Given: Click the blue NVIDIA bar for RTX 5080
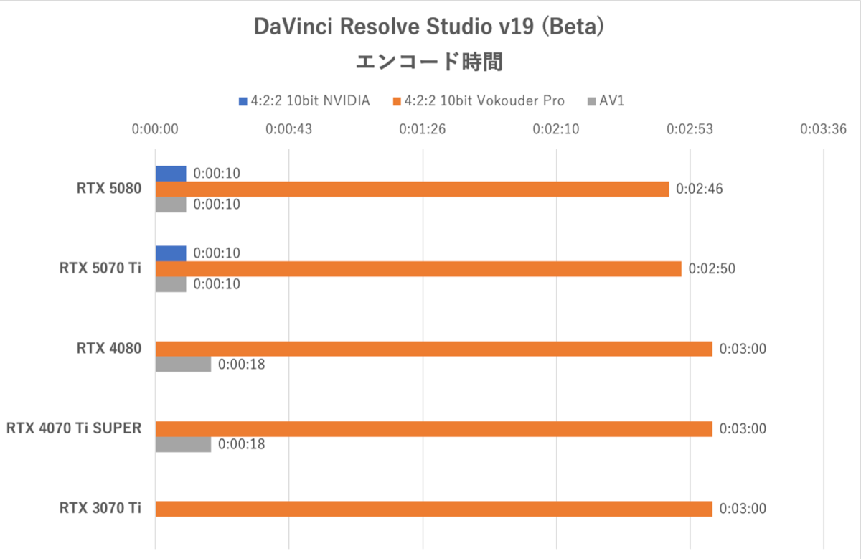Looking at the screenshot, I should pos(171,174).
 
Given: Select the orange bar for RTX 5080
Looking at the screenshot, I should pos(412,189).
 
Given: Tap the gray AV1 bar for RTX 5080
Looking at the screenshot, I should pos(171,205).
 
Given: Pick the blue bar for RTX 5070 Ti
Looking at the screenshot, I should pos(171,253).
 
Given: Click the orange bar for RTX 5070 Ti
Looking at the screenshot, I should pos(418,268).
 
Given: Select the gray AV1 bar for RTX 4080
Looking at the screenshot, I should pos(183,365).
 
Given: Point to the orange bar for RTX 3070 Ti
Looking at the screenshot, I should pos(433,509).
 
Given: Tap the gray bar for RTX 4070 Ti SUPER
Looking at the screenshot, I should pos(183,444).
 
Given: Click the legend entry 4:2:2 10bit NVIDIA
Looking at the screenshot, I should pos(304,101).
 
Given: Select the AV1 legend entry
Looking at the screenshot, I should pos(606,101).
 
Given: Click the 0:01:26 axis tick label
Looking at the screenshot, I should pos(423,130).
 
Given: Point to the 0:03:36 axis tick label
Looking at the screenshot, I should pos(824,130).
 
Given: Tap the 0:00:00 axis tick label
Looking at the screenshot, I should pos(155,130).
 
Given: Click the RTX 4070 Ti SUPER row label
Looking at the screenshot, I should pos(74,428).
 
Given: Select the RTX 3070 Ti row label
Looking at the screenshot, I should pos(100,509).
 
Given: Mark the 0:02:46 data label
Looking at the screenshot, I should pos(698,189).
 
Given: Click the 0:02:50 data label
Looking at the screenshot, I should pos(711,269).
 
